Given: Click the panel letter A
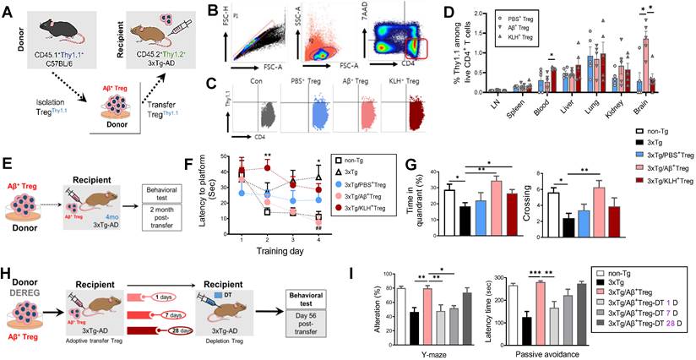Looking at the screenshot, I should tap(8, 10).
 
